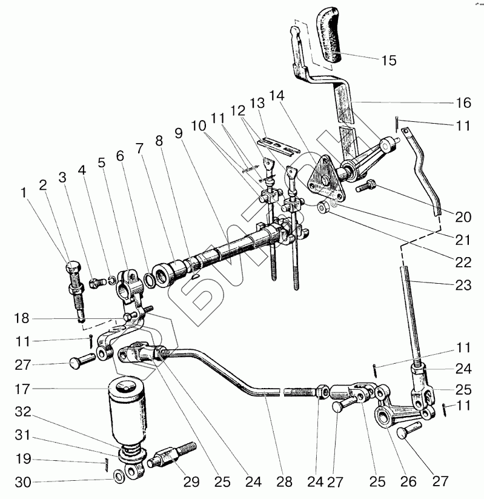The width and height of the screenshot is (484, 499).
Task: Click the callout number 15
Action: [388, 60]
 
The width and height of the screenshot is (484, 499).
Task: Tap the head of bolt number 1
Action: [71, 267]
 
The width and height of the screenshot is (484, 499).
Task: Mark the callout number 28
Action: [283, 483]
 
